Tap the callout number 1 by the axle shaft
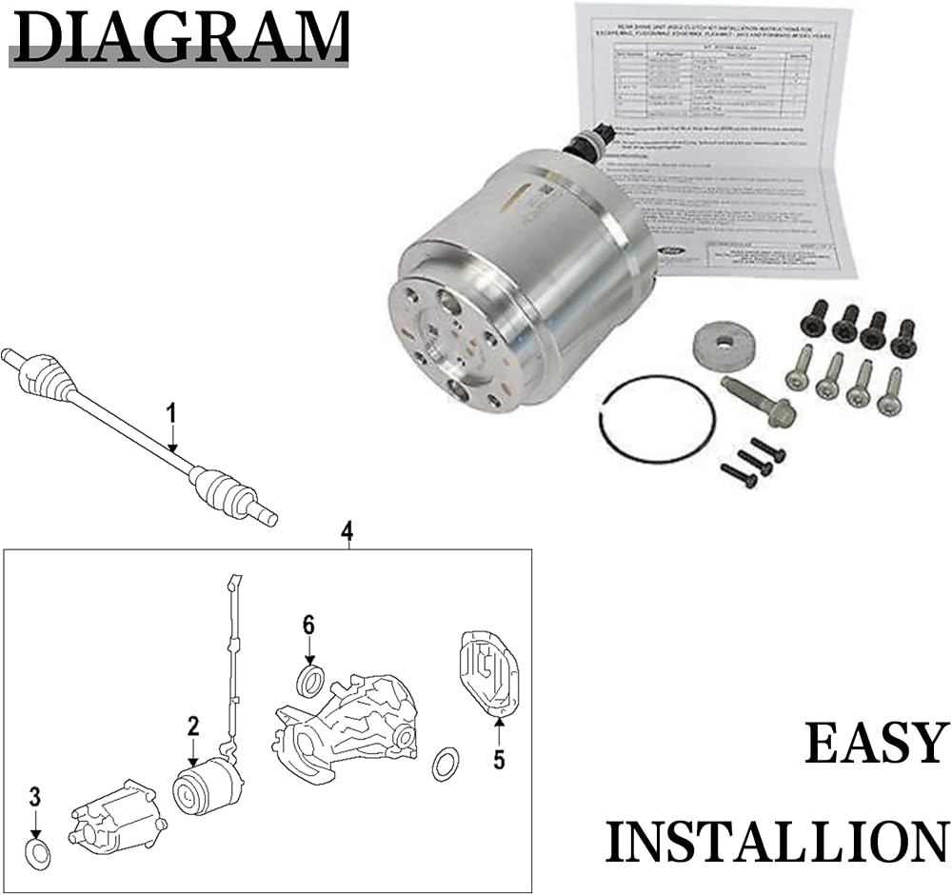171,414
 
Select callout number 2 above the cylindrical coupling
193,727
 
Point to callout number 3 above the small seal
35,796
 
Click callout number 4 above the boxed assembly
347,530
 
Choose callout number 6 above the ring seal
308,626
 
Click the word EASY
877,744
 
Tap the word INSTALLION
776,842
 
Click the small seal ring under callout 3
37,854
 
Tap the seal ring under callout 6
310,682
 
